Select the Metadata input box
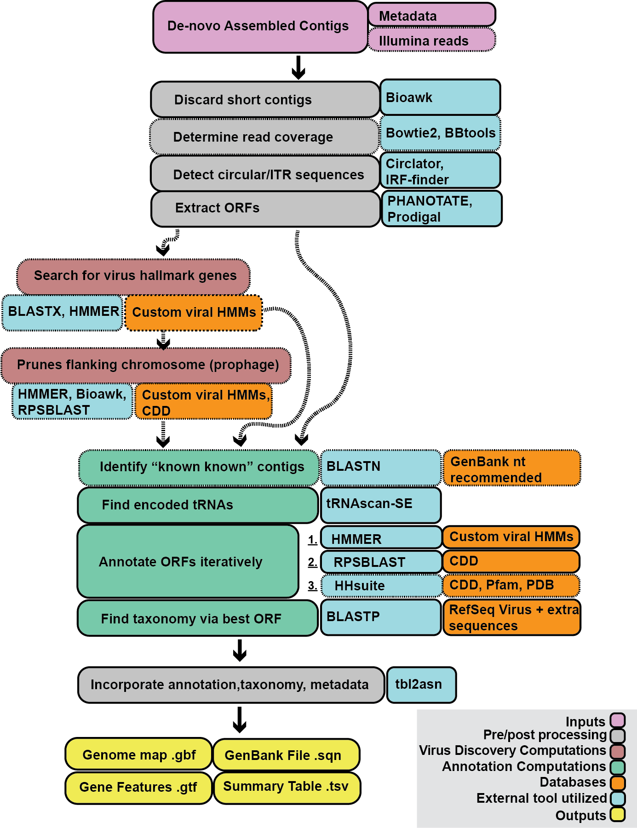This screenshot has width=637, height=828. [x=431, y=16]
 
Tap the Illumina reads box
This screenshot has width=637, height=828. [x=431, y=40]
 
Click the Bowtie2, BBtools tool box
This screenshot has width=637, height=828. [x=440, y=133]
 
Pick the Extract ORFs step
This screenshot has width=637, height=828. [x=265, y=208]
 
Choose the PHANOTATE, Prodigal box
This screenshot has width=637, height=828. [x=442, y=209]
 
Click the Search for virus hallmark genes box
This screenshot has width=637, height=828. [x=133, y=276]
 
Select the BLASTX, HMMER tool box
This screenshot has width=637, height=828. [x=63, y=312]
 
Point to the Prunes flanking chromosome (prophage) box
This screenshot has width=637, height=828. [x=146, y=365]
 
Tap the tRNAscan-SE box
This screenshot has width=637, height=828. [x=380, y=504]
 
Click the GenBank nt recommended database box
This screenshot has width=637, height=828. [x=511, y=468]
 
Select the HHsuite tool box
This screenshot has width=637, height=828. [x=381, y=585]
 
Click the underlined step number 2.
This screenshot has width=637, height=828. [x=312, y=562]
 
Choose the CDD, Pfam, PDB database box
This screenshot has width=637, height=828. [x=511, y=585]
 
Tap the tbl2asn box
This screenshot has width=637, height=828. [x=421, y=685]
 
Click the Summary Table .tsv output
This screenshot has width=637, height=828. [x=287, y=787]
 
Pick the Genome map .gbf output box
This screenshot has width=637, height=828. [x=138, y=755]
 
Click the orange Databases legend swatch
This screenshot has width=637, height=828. [x=618, y=782]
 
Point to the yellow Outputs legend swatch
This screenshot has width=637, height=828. [x=618, y=815]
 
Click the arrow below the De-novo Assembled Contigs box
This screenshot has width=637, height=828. [x=298, y=68]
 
